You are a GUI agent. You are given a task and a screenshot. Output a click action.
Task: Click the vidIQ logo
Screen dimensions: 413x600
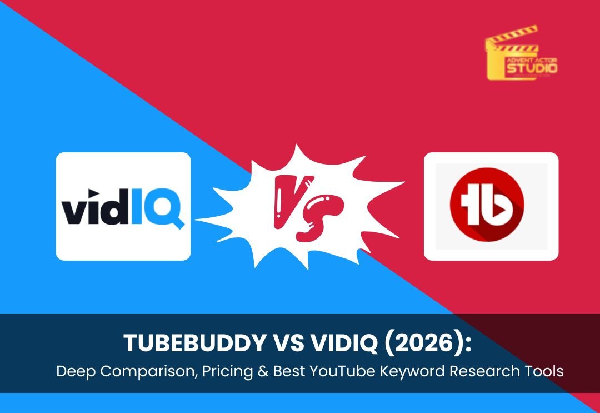(123, 207)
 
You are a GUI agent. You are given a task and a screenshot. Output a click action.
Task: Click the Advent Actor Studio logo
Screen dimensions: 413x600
(521, 54)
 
